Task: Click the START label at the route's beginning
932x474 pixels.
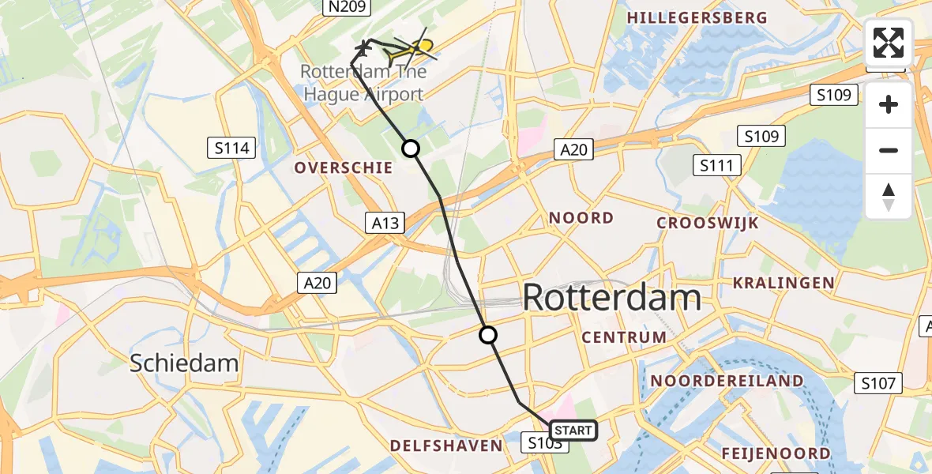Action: click(573, 431)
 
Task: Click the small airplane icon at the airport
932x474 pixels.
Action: click(363, 48)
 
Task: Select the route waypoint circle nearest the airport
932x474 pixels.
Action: click(411, 148)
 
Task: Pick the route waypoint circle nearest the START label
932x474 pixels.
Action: click(489, 335)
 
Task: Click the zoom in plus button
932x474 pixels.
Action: click(889, 104)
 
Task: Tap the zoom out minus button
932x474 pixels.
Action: click(889, 150)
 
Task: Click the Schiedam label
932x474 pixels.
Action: click(184, 363)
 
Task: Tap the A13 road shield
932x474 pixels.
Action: click(385, 223)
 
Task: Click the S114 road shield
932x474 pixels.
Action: click(231, 147)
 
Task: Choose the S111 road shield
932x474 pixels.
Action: click(717, 165)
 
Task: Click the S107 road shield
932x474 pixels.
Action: click(878, 384)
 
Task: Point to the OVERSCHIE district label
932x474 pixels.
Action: click(344, 167)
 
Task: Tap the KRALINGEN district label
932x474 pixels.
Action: click(783, 283)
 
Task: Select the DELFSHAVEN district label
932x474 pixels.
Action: click(446, 446)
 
